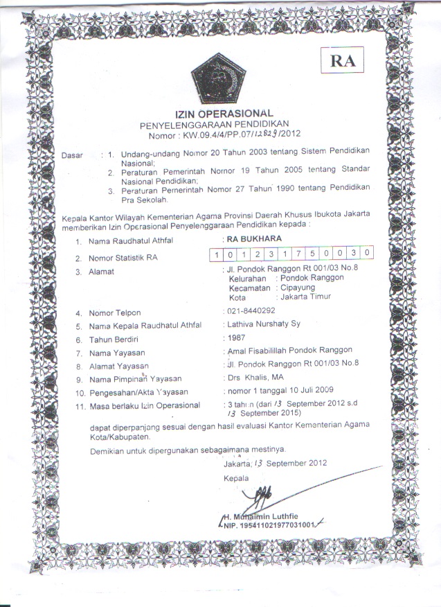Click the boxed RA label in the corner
tap(342, 61)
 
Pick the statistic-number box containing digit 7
tap(296, 254)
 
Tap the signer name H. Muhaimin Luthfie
tap(264, 516)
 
